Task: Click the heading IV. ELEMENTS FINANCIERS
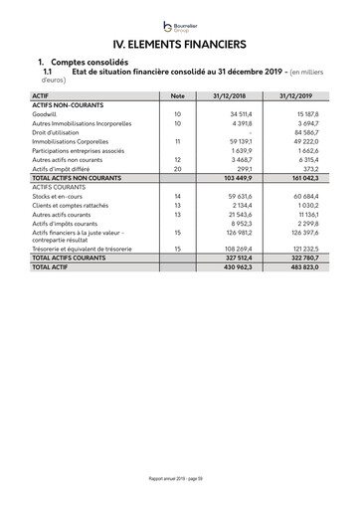(x=180, y=44)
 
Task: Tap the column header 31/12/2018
(x=232, y=95)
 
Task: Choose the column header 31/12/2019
(x=296, y=95)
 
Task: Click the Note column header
(x=178, y=95)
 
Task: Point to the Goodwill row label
(x=47, y=114)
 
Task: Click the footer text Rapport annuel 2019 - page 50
(x=180, y=478)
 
